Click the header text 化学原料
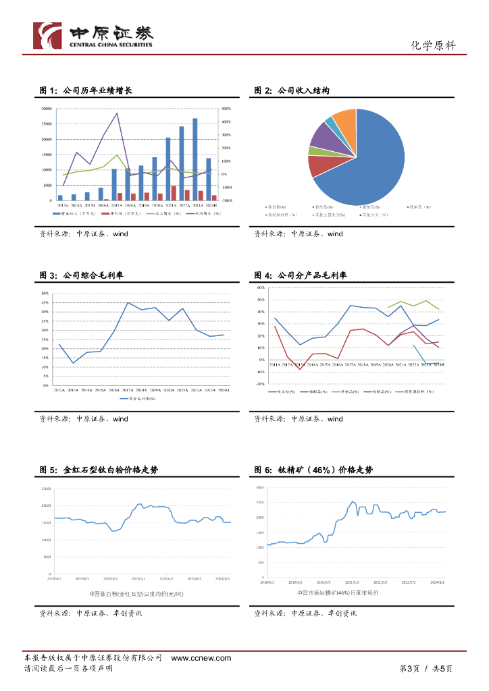click(x=433, y=46)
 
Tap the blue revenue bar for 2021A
click(x=168, y=169)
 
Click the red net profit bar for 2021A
click(x=174, y=193)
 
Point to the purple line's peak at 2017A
click(x=118, y=113)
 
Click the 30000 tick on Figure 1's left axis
click(x=47, y=109)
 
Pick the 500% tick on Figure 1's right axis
click(x=226, y=109)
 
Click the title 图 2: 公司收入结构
click(x=292, y=90)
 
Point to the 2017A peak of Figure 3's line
click(x=128, y=303)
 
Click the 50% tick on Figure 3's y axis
click(x=45, y=294)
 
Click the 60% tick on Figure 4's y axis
click(x=260, y=288)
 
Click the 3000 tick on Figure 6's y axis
click(x=260, y=487)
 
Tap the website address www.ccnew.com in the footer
click(x=201, y=658)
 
